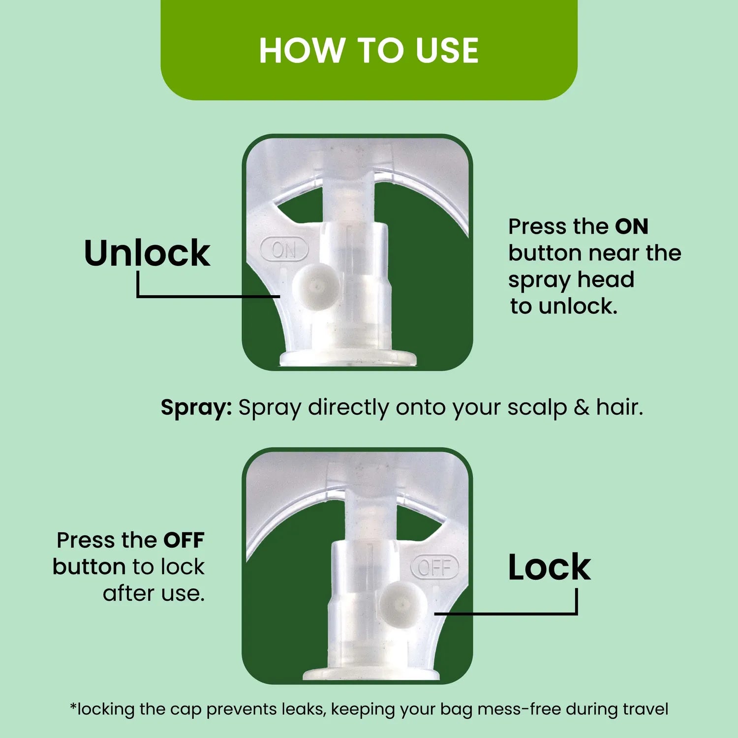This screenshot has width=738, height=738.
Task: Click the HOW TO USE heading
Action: [x=369, y=51]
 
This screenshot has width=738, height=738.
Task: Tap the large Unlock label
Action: [x=147, y=253]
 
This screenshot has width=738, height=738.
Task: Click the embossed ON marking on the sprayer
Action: [x=284, y=249]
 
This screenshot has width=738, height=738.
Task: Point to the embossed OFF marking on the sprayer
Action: [x=434, y=567]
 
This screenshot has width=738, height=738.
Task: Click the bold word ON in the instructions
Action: [x=632, y=227]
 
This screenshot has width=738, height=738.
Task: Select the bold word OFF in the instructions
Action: [x=184, y=540]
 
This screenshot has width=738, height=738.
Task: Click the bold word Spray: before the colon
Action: [x=196, y=408]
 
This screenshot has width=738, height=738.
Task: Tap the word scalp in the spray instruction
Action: [x=537, y=408]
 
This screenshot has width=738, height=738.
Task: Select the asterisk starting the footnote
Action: [x=73, y=707]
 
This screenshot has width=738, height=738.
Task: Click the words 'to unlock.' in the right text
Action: [x=564, y=307]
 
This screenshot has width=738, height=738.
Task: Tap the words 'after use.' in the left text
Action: [x=154, y=593]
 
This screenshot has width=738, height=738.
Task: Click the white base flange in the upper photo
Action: [x=348, y=358]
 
